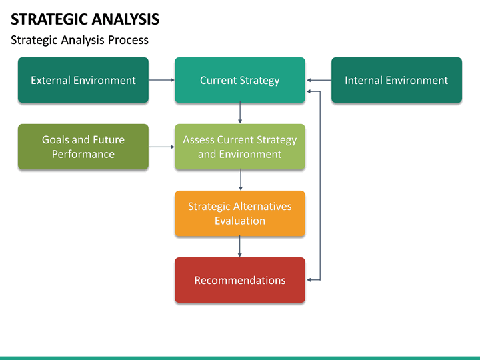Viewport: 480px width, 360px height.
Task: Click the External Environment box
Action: pyautogui.click(x=83, y=80)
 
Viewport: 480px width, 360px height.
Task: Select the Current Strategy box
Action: pyautogui.click(x=239, y=80)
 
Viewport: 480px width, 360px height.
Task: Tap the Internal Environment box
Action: pyautogui.click(x=396, y=80)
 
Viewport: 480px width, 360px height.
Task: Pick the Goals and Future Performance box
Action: pyautogui.click(x=83, y=147)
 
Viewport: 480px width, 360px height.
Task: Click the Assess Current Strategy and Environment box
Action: pyautogui.click(x=239, y=147)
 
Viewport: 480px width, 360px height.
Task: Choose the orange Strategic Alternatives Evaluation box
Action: pyautogui.click(x=239, y=213)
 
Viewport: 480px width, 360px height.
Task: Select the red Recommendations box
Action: pyautogui.click(x=239, y=280)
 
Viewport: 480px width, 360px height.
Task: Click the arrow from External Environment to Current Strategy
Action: pyautogui.click(x=161, y=80)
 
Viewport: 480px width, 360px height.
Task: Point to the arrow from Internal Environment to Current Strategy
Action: pyautogui.click(x=319, y=80)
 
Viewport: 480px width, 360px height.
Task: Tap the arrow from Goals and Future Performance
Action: pyautogui.click(x=161, y=147)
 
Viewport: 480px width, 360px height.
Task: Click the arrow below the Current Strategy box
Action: pyautogui.click(x=240, y=113)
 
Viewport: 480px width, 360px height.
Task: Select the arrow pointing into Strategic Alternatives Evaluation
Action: pyautogui.click(x=240, y=180)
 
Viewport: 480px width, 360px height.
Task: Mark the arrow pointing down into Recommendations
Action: pyautogui.click(x=240, y=247)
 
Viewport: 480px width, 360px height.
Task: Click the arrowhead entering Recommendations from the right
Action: pyautogui.click(x=309, y=280)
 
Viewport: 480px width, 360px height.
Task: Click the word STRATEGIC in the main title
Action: pyautogui.click(x=49, y=19)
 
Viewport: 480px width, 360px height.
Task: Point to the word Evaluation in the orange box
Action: pyautogui.click(x=239, y=221)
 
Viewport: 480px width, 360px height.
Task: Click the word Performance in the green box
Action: pyautogui.click(x=83, y=154)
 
